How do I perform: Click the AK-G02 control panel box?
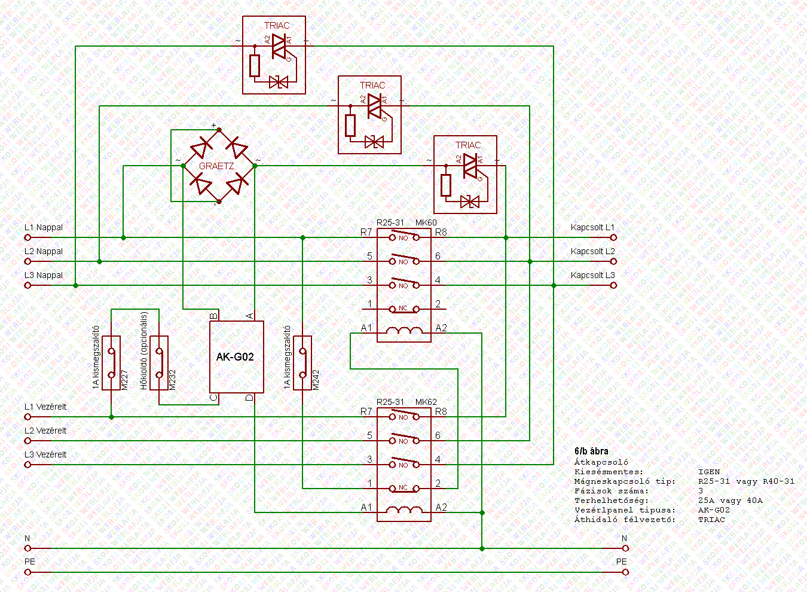click(x=236, y=357)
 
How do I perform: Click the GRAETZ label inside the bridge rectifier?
click(x=216, y=166)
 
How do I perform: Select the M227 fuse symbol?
click(x=111, y=363)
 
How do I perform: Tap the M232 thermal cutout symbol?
click(x=159, y=363)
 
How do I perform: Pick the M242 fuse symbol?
click(x=302, y=363)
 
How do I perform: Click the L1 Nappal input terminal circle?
click(x=27, y=237)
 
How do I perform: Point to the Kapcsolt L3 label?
click(x=592, y=275)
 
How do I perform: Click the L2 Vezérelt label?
click(x=45, y=431)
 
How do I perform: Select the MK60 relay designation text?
click(x=426, y=222)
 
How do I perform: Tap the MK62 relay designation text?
click(x=426, y=402)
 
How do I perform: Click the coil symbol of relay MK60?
click(x=404, y=331)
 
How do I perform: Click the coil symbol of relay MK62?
click(x=404, y=511)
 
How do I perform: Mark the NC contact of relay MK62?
click(x=403, y=488)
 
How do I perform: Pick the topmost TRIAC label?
click(x=277, y=26)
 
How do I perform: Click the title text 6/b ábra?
click(x=591, y=451)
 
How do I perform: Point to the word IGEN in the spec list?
click(x=709, y=472)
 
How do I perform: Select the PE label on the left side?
click(x=30, y=562)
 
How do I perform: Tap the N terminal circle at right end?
click(x=625, y=548)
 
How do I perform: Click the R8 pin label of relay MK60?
click(x=441, y=232)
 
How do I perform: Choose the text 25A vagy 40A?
click(x=730, y=501)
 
